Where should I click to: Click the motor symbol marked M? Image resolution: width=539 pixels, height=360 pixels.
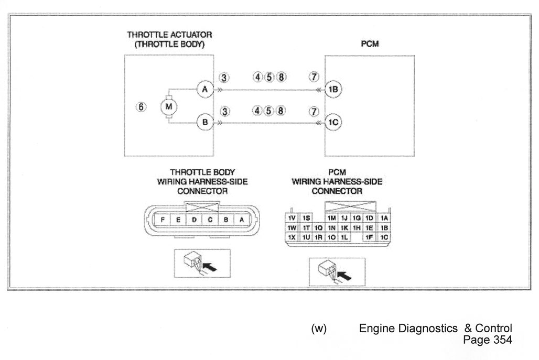point(168,106)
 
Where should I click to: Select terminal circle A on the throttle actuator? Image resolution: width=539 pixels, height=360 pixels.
point(205,89)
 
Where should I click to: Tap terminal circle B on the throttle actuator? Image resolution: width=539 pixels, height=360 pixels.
point(205,122)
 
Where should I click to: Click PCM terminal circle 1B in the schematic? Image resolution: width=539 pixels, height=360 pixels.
point(333,89)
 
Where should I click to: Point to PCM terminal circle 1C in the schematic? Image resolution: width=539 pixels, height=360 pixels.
point(333,122)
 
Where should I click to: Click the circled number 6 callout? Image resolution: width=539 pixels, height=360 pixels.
point(141,107)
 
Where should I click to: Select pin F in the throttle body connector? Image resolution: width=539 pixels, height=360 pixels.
point(162,220)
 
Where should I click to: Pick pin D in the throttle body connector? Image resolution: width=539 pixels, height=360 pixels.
point(194,220)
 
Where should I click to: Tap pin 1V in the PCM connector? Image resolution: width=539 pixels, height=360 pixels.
point(292,218)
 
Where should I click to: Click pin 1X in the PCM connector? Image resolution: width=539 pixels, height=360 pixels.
point(292,237)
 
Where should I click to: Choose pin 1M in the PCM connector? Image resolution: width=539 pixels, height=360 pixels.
point(331,218)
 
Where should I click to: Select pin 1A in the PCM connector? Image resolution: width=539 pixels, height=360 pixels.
point(384,218)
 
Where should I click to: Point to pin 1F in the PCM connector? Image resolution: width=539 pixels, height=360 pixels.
point(369,237)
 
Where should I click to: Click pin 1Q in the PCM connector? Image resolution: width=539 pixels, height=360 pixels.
point(318,228)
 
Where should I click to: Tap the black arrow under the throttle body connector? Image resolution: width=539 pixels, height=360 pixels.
point(210,267)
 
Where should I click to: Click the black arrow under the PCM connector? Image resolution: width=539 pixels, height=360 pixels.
point(345,275)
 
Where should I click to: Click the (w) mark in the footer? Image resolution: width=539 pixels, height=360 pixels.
point(319,329)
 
